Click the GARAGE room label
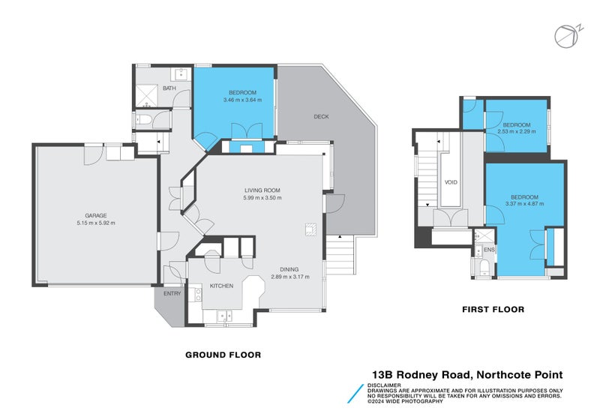(x=95, y=215)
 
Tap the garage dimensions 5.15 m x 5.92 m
(x=95, y=223)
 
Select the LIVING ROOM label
(x=262, y=190)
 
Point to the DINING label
(x=290, y=269)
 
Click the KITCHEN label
(x=222, y=286)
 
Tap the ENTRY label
(x=172, y=293)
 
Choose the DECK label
(x=321, y=116)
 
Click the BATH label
(x=169, y=88)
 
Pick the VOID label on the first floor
(x=451, y=182)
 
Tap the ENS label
(x=489, y=249)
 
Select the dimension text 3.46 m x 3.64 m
(x=242, y=100)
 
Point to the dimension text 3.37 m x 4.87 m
(x=525, y=203)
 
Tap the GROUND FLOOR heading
(x=223, y=355)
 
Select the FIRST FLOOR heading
(x=492, y=309)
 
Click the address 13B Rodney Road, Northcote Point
(x=467, y=374)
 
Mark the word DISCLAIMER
(x=383, y=385)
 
